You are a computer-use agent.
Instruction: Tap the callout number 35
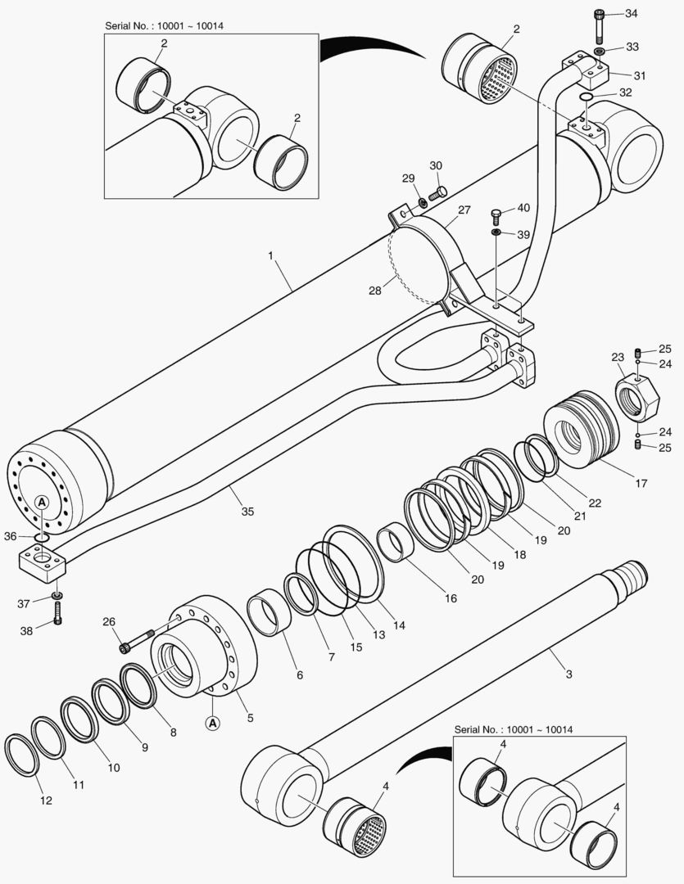(247, 512)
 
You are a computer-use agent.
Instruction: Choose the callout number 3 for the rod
(568, 674)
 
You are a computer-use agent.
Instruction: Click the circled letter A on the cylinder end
(43, 501)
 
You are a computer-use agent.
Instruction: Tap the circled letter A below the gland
(211, 723)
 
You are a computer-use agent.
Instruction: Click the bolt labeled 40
(496, 216)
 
